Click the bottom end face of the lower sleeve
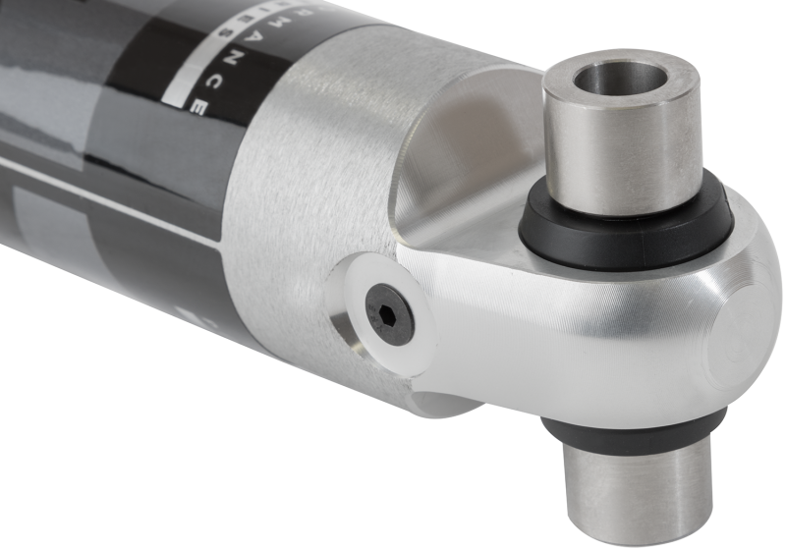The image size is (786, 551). (x=629, y=530)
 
